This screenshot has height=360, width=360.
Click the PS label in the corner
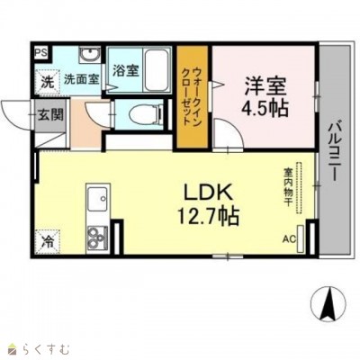[x=41, y=52]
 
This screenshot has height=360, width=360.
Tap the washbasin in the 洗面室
[x=89, y=55]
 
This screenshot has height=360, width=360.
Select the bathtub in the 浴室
[x=156, y=70]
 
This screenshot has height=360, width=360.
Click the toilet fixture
[x=146, y=114]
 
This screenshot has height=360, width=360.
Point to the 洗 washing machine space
[x=48, y=82]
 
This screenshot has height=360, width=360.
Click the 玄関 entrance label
[x=50, y=114]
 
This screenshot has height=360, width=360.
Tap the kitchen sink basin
[x=97, y=198]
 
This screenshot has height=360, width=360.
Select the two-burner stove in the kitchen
[x=97, y=236]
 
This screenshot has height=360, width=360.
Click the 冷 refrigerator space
[x=48, y=242]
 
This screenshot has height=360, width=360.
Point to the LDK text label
[x=208, y=192]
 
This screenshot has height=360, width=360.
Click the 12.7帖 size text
[x=208, y=215]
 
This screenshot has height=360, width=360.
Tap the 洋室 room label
[x=265, y=85]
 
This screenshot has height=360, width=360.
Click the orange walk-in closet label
[x=192, y=96]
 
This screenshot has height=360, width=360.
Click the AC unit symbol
[x=301, y=238]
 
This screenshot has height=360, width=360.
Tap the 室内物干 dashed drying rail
[x=299, y=188]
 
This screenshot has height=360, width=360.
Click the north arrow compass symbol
[x=328, y=303]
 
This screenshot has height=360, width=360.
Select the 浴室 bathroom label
[x=126, y=71]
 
